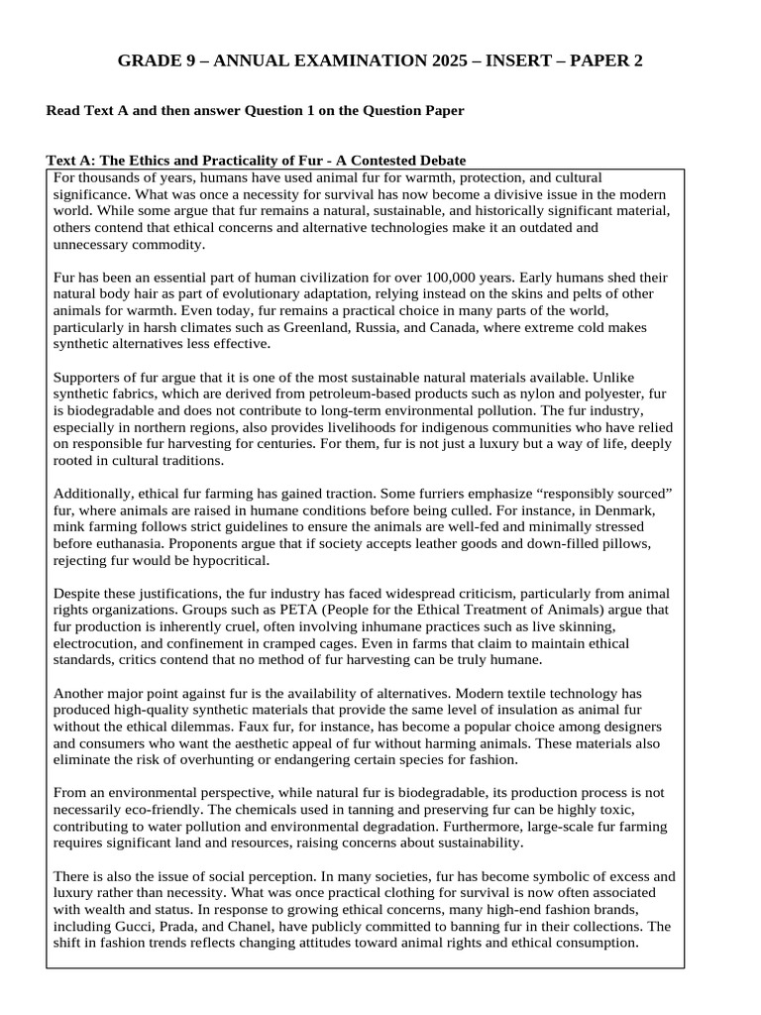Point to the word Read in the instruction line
point(63,111)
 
